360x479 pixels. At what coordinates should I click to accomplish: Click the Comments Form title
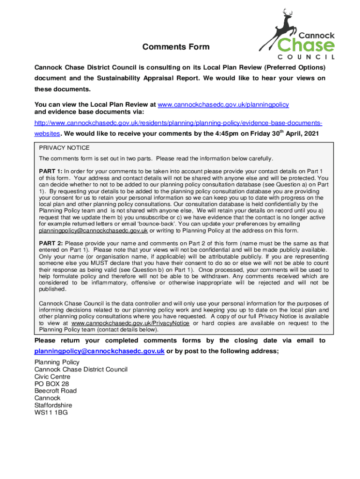[176, 47]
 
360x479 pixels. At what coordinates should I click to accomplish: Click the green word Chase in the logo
[306, 45]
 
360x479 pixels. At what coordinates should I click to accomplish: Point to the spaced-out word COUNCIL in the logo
[306, 57]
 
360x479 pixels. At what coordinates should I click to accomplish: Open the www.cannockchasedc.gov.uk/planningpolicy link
[223, 104]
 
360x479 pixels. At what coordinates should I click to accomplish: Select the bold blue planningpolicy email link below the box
[99, 352]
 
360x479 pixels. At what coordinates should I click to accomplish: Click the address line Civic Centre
[52, 377]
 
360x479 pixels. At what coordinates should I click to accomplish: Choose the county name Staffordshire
[53, 405]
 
